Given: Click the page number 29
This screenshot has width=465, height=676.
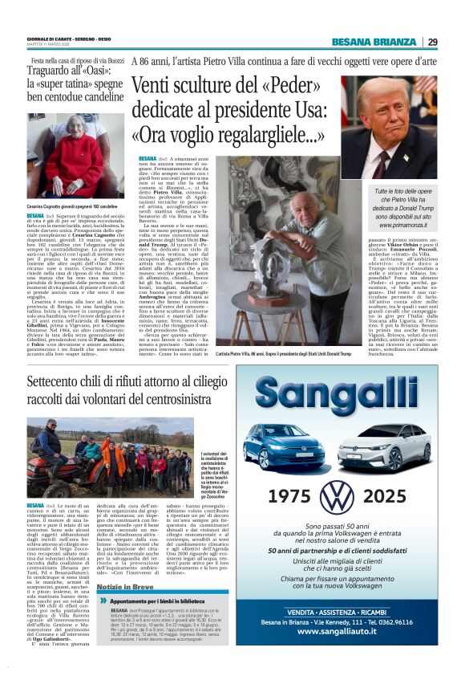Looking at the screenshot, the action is tap(432, 42).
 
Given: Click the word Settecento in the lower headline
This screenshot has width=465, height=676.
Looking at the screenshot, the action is tap(65, 381).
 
